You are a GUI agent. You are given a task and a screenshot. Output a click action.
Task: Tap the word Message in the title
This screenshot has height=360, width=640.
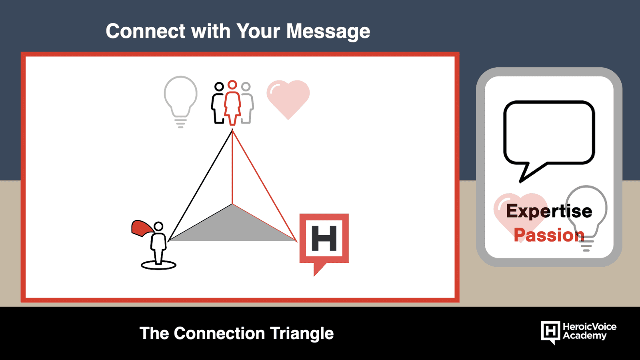[x=328, y=32]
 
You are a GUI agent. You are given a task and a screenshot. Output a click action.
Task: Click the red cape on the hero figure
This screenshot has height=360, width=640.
[x=142, y=228]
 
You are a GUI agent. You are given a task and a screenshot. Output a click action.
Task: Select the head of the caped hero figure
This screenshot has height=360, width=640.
[x=158, y=226]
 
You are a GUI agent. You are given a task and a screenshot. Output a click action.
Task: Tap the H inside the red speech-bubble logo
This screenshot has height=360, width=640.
[x=324, y=238]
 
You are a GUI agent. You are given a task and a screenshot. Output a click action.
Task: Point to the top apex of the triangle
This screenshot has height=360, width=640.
[x=232, y=130]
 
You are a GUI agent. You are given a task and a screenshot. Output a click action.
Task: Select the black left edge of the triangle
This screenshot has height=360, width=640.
[x=200, y=185]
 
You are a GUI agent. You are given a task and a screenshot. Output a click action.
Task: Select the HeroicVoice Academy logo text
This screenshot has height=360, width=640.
[x=590, y=331]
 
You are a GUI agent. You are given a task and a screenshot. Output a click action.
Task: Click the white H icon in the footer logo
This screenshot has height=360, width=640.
[x=550, y=332]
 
